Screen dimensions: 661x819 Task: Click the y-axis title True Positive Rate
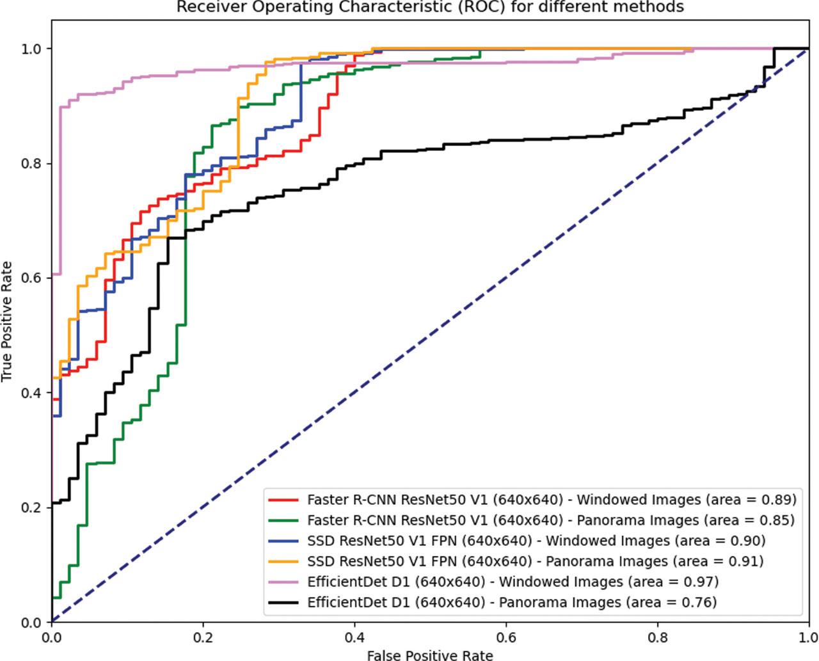[x=7, y=321]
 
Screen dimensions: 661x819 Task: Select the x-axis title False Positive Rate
[x=430, y=655]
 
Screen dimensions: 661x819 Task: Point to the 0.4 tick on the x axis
[x=354, y=637]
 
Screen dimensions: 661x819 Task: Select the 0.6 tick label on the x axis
[x=506, y=637]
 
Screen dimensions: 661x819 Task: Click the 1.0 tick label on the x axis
[x=808, y=637]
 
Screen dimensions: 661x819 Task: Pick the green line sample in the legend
[x=283, y=520]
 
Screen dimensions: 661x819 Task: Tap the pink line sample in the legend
[x=283, y=582]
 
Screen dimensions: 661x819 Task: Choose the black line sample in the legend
[x=283, y=602]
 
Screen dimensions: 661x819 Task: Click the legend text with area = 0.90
[x=536, y=541]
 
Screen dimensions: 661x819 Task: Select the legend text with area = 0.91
[x=535, y=561]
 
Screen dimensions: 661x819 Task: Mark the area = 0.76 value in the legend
[x=673, y=602]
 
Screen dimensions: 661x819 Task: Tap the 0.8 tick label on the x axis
[x=658, y=637]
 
